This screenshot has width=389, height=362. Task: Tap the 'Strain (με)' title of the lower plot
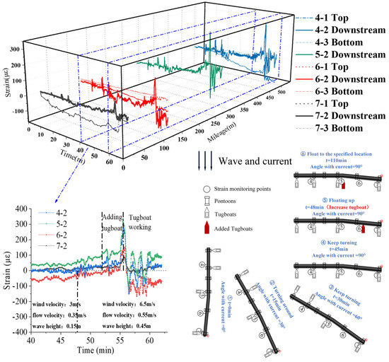tap(6, 269)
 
